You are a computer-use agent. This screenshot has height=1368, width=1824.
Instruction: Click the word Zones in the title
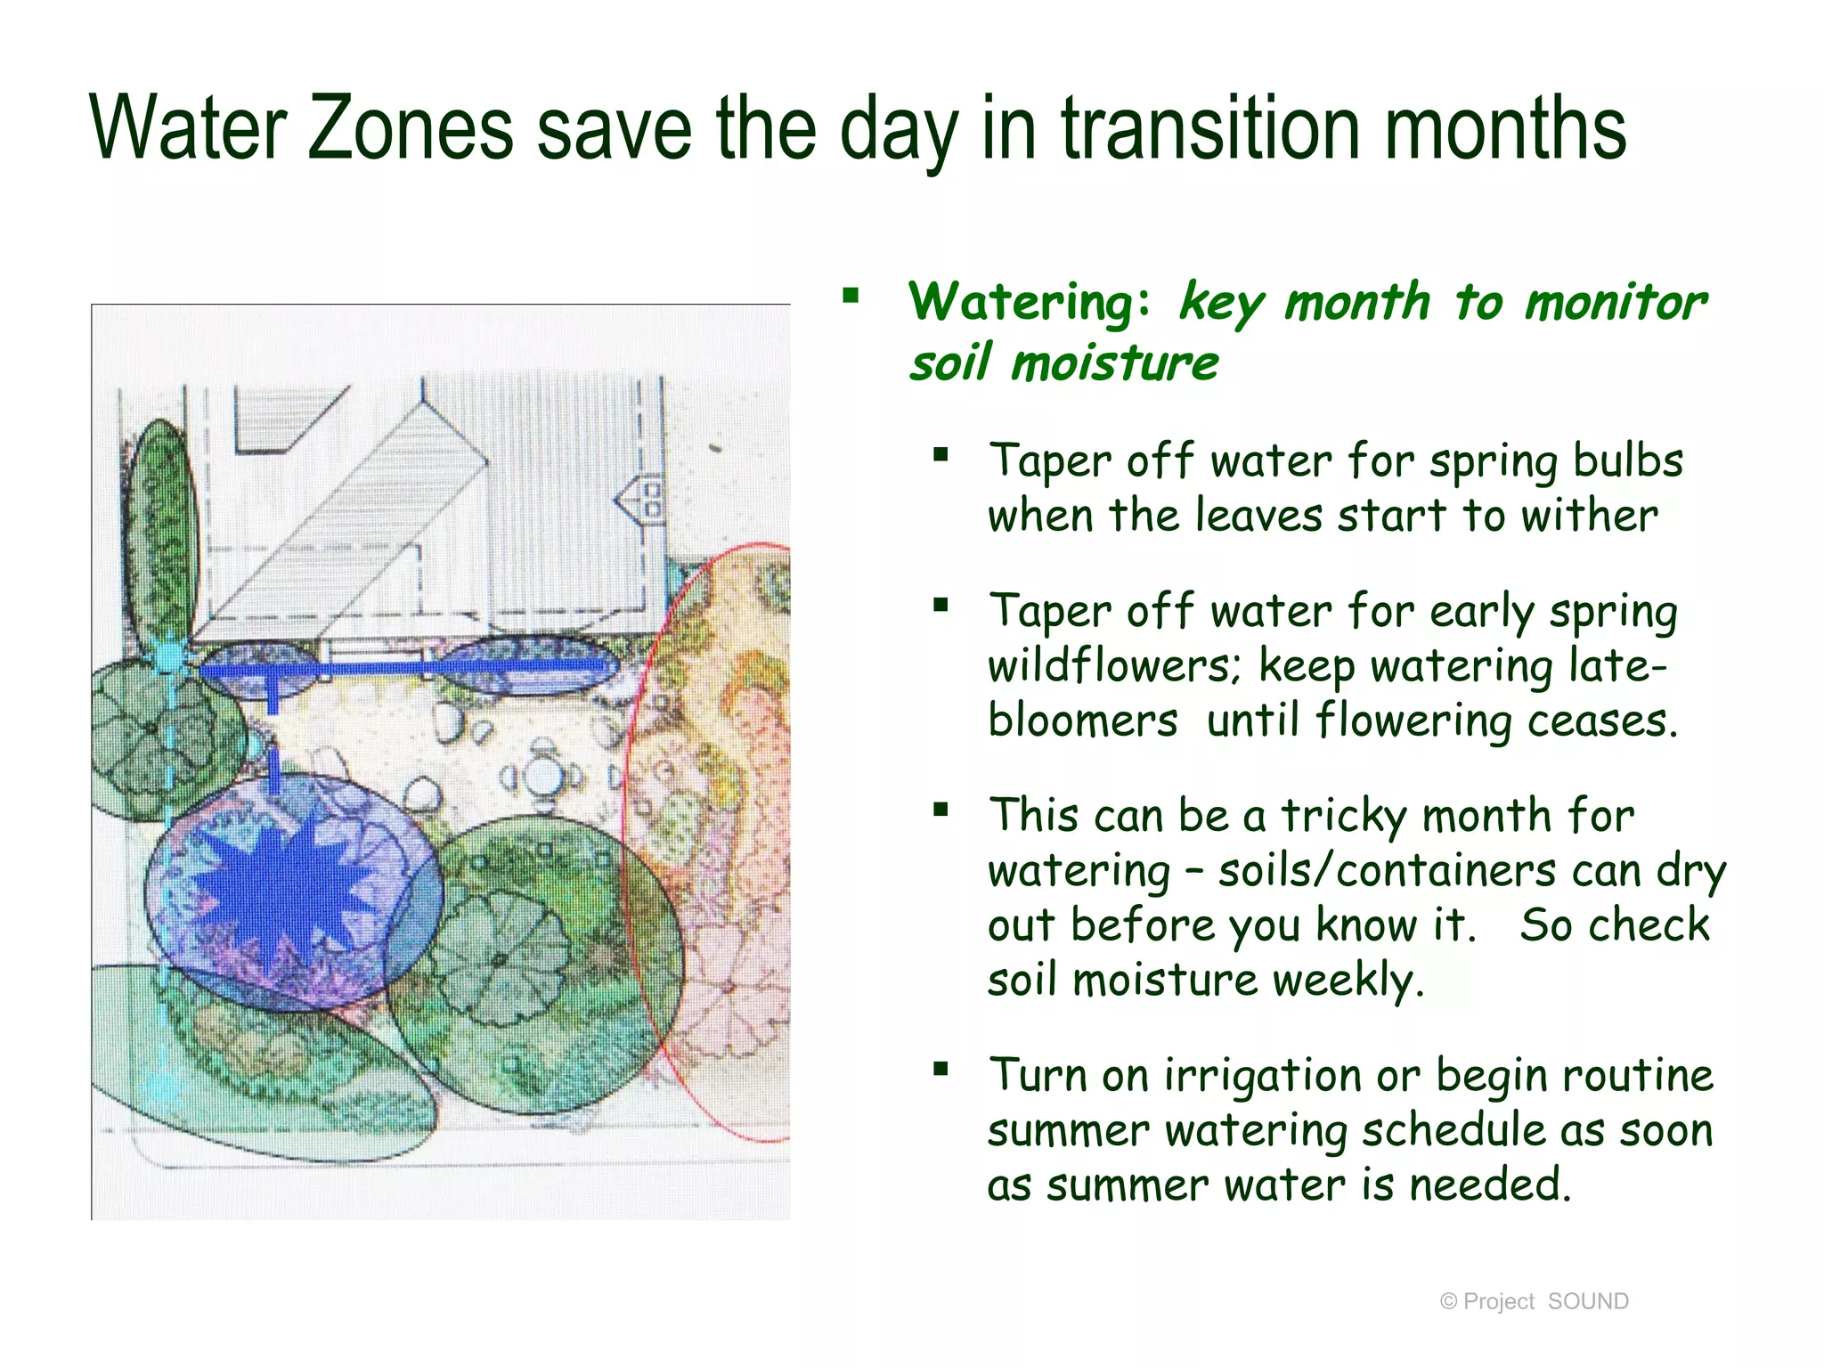coord(410,130)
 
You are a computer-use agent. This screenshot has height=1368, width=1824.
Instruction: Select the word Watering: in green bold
coord(1029,302)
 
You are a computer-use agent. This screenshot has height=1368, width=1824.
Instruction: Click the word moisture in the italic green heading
coord(1114,363)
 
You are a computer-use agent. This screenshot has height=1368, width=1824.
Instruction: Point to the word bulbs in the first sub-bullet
coord(1627,461)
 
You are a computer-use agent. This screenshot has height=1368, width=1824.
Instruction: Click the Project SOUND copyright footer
coord(1534,1301)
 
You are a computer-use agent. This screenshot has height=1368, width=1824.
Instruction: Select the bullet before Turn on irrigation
coord(940,1068)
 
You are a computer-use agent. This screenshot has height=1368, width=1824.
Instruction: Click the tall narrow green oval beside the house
coord(161,525)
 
